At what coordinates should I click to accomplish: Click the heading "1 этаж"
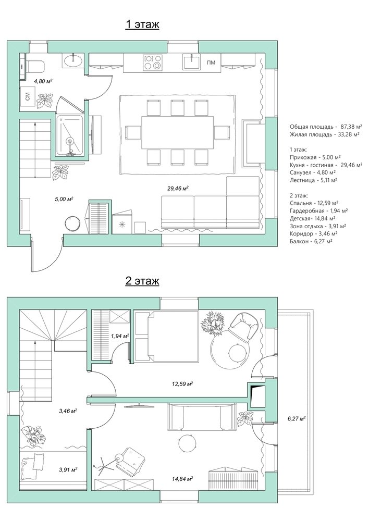(142, 24)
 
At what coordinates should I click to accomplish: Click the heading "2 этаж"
(142, 280)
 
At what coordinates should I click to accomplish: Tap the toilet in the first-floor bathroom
(35, 66)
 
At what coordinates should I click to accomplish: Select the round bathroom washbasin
(73, 60)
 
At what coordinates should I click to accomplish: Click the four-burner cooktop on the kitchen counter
(153, 63)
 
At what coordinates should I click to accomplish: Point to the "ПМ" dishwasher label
(211, 63)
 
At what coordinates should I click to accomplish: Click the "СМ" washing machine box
(28, 96)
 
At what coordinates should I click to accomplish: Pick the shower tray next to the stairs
(70, 135)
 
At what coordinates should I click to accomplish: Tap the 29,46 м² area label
(178, 189)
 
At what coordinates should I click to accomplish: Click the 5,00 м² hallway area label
(64, 199)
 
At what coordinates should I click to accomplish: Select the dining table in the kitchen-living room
(178, 132)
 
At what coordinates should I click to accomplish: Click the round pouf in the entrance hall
(72, 224)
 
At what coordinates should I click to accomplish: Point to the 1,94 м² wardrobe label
(120, 336)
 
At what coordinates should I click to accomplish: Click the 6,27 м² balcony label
(297, 419)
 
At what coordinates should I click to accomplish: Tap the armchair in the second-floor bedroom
(244, 327)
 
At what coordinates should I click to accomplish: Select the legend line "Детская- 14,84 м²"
(313, 218)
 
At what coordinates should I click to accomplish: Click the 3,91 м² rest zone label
(68, 470)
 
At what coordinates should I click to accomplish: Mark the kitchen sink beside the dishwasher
(192, 63)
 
